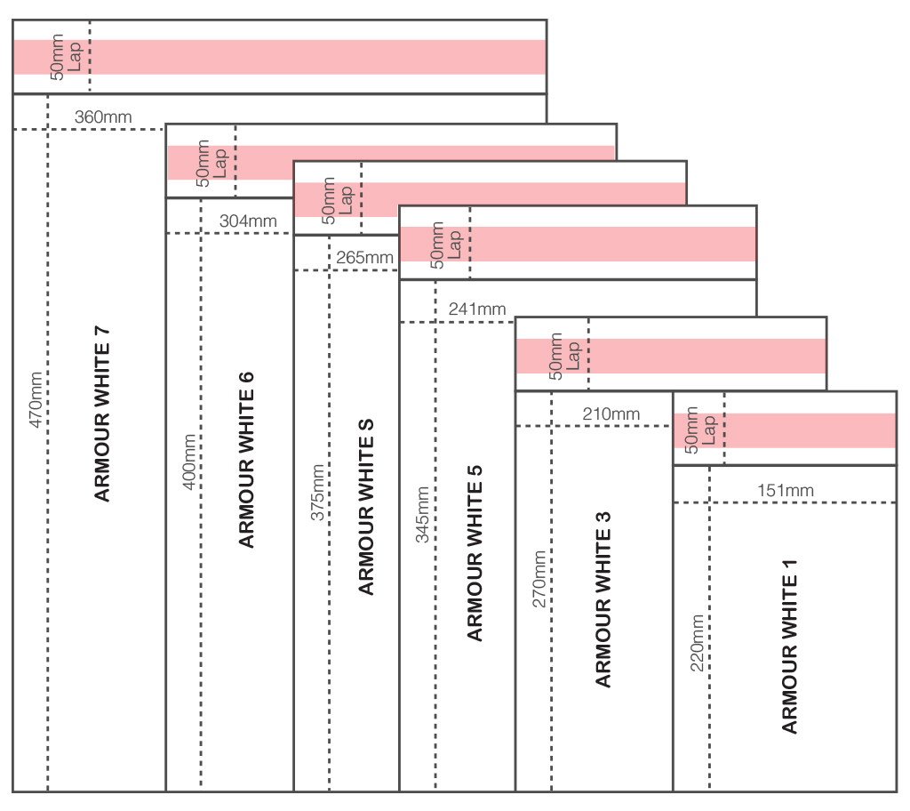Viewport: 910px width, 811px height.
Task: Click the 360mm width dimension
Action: (x=103, y=116)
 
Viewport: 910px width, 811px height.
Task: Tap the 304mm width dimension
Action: (x=248, y=221)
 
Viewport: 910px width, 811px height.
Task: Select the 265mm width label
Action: (x=364, y=257)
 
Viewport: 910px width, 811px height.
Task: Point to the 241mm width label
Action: (x=477, y=309)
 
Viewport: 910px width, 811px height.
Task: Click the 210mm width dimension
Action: (x=611, y=414)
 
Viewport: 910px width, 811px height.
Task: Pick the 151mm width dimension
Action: (x=786, y=490)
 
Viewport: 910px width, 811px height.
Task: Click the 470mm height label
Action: (x=36, y=399)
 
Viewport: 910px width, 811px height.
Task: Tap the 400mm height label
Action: (x=189, y=462)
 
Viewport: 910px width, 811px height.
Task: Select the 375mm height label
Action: (x=317, y=492)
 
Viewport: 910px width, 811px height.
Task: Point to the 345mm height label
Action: (x=422, y=515)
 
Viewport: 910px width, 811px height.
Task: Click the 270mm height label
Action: (x=539, y=579)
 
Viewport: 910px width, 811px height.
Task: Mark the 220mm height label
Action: (x=697, y=643)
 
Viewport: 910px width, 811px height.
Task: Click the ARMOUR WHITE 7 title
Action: (x=101, y=414)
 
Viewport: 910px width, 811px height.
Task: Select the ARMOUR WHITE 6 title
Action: (x=246, y=460)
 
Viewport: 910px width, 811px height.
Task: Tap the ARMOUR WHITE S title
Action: (x=365, y=507)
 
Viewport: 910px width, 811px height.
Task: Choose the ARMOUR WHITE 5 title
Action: (x=475, y=553)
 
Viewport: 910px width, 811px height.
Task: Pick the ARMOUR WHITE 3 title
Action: (x=603, y=599)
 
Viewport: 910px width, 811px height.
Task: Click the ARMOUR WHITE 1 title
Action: (x=789, y=646)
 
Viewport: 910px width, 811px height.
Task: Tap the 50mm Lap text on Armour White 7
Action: (x=65, y=56)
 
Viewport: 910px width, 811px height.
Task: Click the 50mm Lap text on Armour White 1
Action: (x=699, y=430)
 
